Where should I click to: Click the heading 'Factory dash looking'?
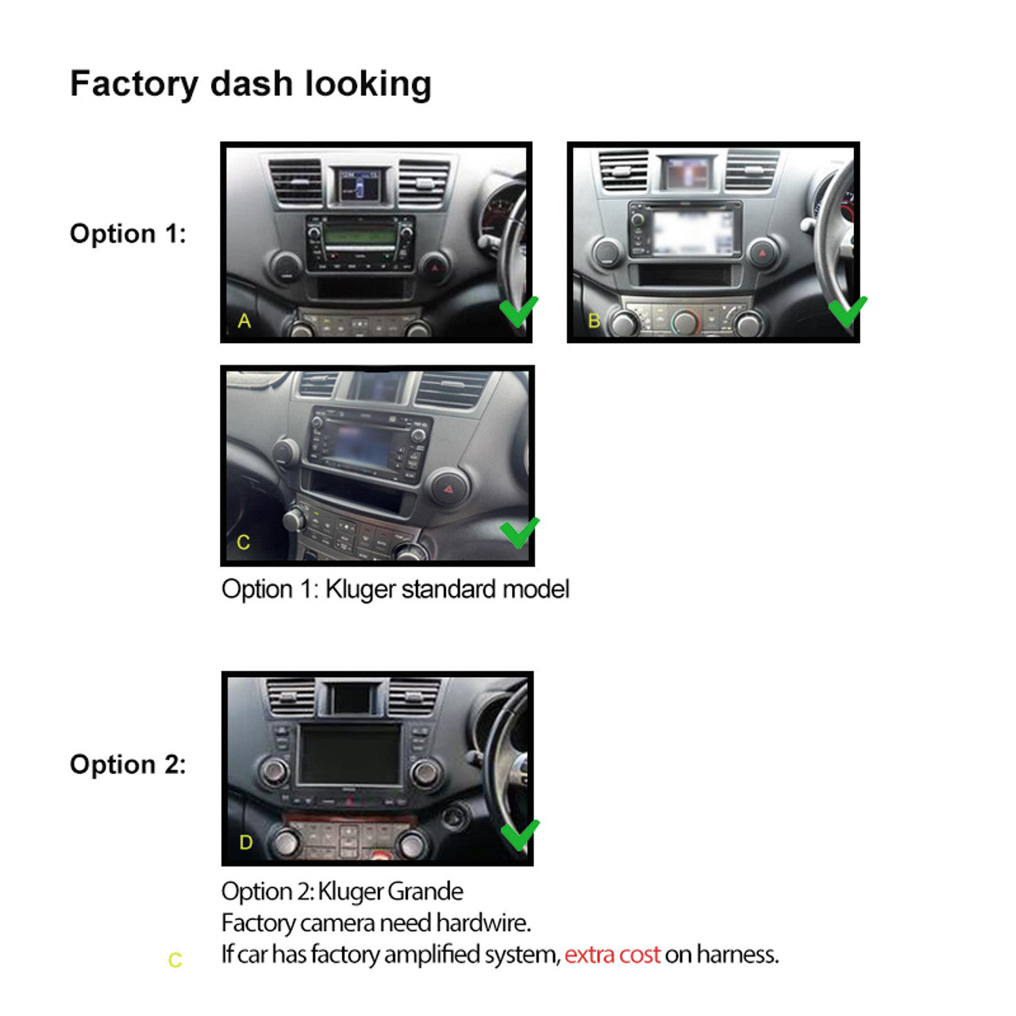(x=251, y=84)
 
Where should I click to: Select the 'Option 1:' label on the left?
(x=128, y=233)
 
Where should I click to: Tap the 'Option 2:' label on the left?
(x=128, y=764)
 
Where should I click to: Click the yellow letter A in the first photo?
(x=244, y=321)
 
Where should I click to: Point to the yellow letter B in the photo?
(x=595, y=321)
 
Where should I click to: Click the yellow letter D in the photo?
(x=246, y=842)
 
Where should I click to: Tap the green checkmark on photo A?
(x=519, y=311)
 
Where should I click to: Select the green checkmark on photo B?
(x=848, y=311)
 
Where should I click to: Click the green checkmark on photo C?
(x=519, y=533)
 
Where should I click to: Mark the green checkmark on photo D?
(x=520, y=835)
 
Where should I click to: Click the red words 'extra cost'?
(x=612, y=955)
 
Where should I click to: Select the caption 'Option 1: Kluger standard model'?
(x=395, y=590)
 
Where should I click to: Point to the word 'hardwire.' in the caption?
(x=483, y=922)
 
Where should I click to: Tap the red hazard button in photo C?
(x=448, y=489)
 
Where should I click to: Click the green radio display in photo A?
(x=360, y=235)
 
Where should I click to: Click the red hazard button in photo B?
(x=762, y=252)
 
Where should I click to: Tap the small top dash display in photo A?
(x=360, y=184)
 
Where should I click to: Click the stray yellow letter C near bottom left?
(x=175, y=960)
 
